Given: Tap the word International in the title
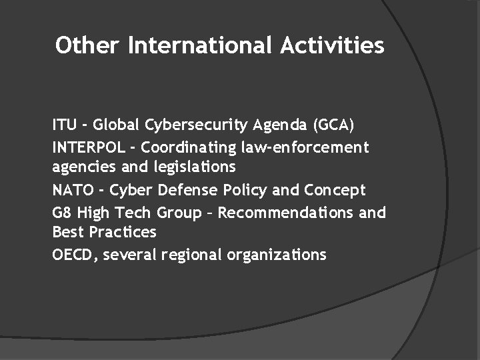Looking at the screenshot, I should pos(199,45).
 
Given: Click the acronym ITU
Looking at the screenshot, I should pos(65,125).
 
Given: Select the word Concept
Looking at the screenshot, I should pos(335,190).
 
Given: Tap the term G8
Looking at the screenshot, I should pos(61,213).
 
